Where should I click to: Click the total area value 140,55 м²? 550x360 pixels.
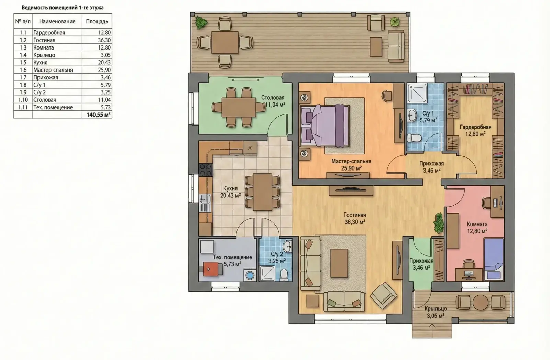(x=98, y=115)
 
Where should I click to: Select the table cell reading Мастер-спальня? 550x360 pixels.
(x=53, y=70)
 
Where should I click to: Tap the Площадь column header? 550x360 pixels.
(x=97, y=21)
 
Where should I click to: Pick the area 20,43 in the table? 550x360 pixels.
(x=104, y=62)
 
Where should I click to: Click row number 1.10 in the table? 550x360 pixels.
(x=23, y=100)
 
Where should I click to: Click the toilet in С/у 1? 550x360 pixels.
(x=414, y=138)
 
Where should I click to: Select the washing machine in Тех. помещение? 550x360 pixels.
(x=250, y=275)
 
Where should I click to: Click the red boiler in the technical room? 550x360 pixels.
(x=211, y=269)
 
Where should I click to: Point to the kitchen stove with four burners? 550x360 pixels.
(x=206, y=170)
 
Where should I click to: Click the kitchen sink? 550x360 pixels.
(x=205, y=203)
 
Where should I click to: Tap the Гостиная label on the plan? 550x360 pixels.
(x=355, y=215)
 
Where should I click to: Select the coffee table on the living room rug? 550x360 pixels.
(x=339, y=263)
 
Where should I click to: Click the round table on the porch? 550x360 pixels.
(x=481, y=302)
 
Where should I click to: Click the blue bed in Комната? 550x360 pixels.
(x=494, y=259)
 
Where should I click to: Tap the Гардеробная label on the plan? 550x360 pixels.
(x=476, y=127)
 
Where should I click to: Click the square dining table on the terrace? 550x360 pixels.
(x=225, y=42)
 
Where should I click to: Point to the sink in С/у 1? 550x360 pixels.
(x=412, y=116)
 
